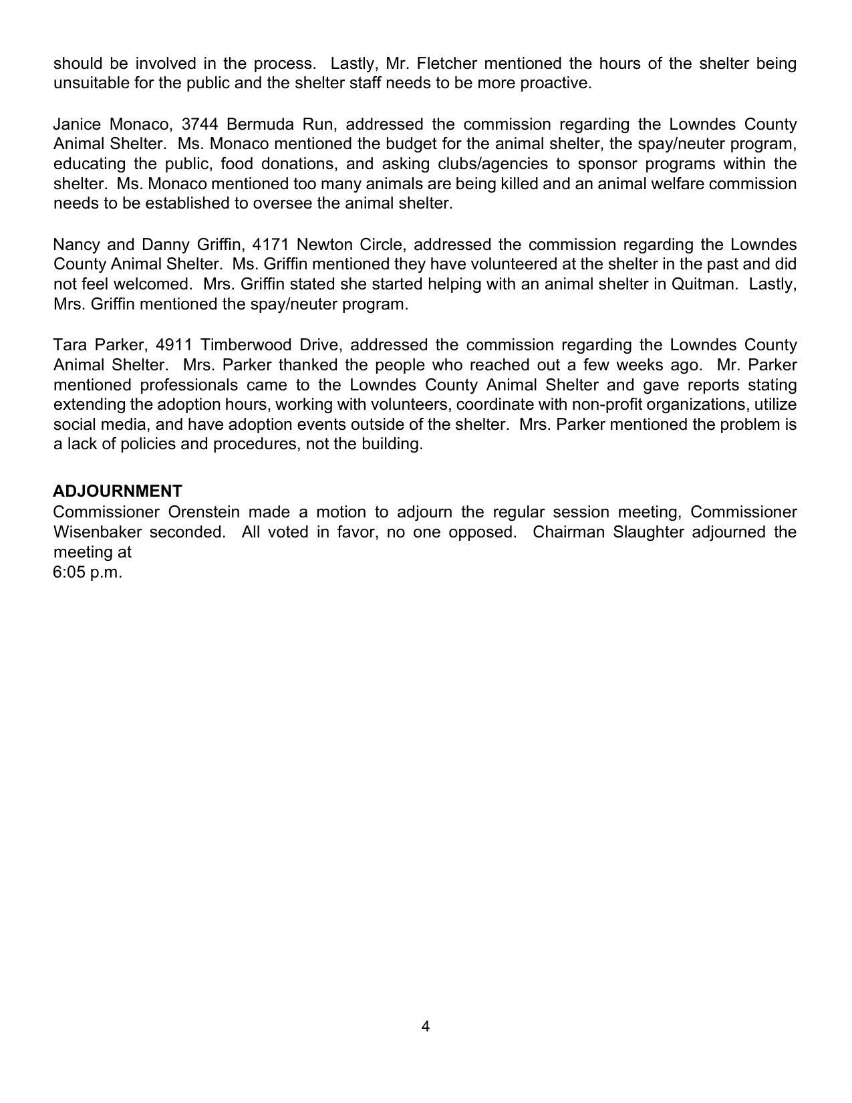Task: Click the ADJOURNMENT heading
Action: [x=117, y=491]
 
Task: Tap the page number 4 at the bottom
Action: [x=426, y=1027]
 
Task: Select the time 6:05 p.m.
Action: [x=88, y=572]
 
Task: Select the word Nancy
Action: [x=76, y=245]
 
